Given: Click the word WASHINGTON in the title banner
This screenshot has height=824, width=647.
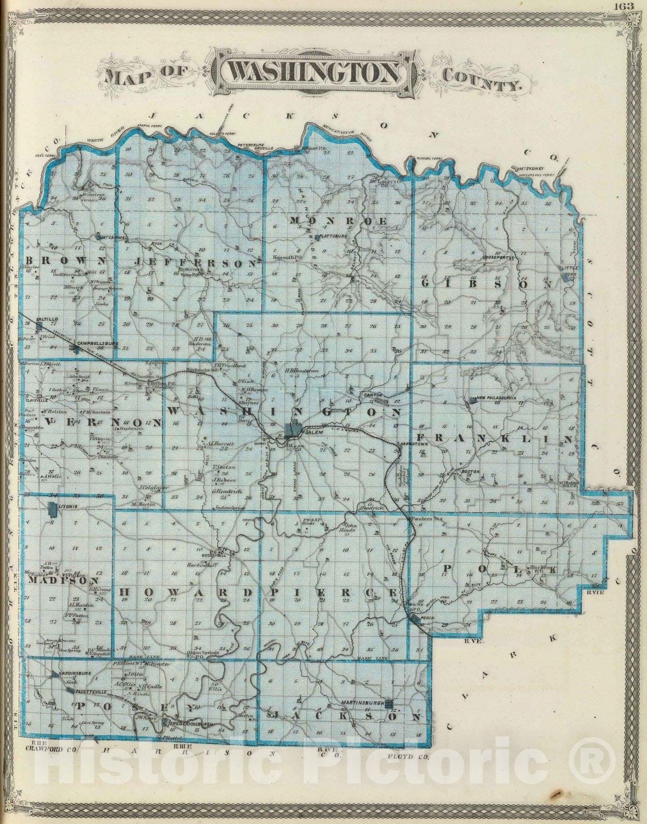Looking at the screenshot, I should pos(313,73).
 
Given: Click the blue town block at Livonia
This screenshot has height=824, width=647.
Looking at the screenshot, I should pos(52,509).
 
